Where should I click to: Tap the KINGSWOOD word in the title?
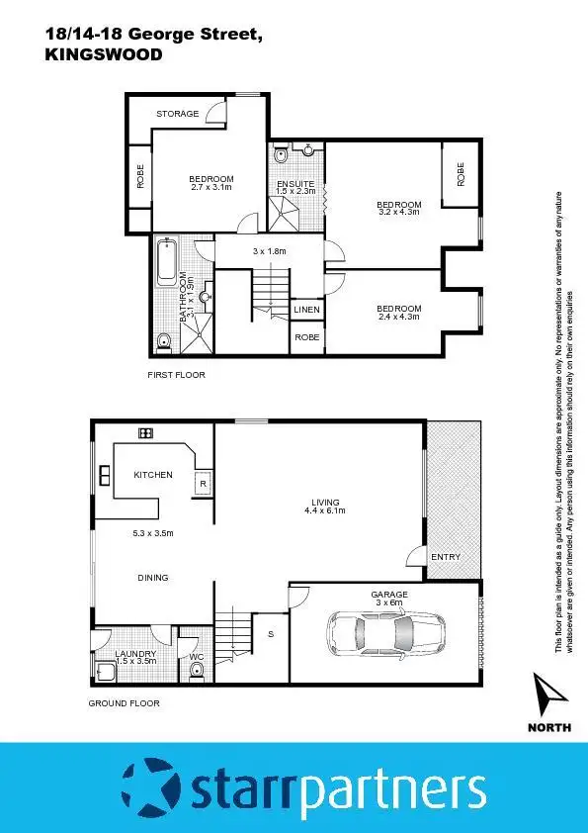coord(104,56)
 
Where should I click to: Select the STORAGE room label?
coord(178,114)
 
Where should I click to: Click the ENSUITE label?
coord(295,183)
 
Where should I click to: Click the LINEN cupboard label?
coord(305,311)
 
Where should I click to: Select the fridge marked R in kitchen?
coord(203,484)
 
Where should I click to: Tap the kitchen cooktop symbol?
coord(145,433)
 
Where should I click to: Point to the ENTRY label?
coord(446,557)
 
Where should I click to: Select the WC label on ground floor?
coord(196,655)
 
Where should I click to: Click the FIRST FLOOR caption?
coord(176,376)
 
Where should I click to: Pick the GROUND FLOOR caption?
coord(124,703)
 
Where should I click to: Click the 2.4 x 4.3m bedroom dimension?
coord(398,317)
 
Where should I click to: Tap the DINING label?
coord(153,578)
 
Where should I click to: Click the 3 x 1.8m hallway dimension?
coord(268,251)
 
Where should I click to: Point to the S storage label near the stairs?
coord(270,634)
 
